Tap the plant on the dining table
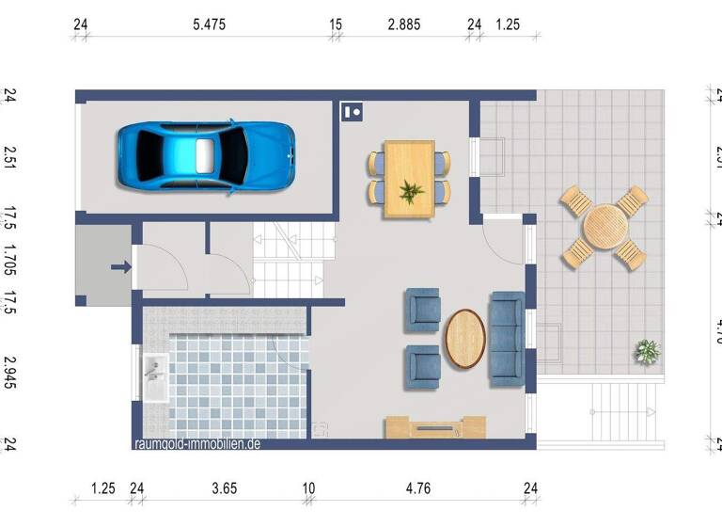tap(411, 193)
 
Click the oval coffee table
tap(465, 338)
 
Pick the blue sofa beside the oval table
tap(507, 339)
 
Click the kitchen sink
tap(155, 377)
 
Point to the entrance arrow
tap(121, 267)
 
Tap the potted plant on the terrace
tap(647, 352)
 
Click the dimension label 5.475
tap(210, 24)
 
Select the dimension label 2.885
tap(404, 24)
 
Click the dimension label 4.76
tap(418, 487)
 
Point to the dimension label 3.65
tap(225, 487)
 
